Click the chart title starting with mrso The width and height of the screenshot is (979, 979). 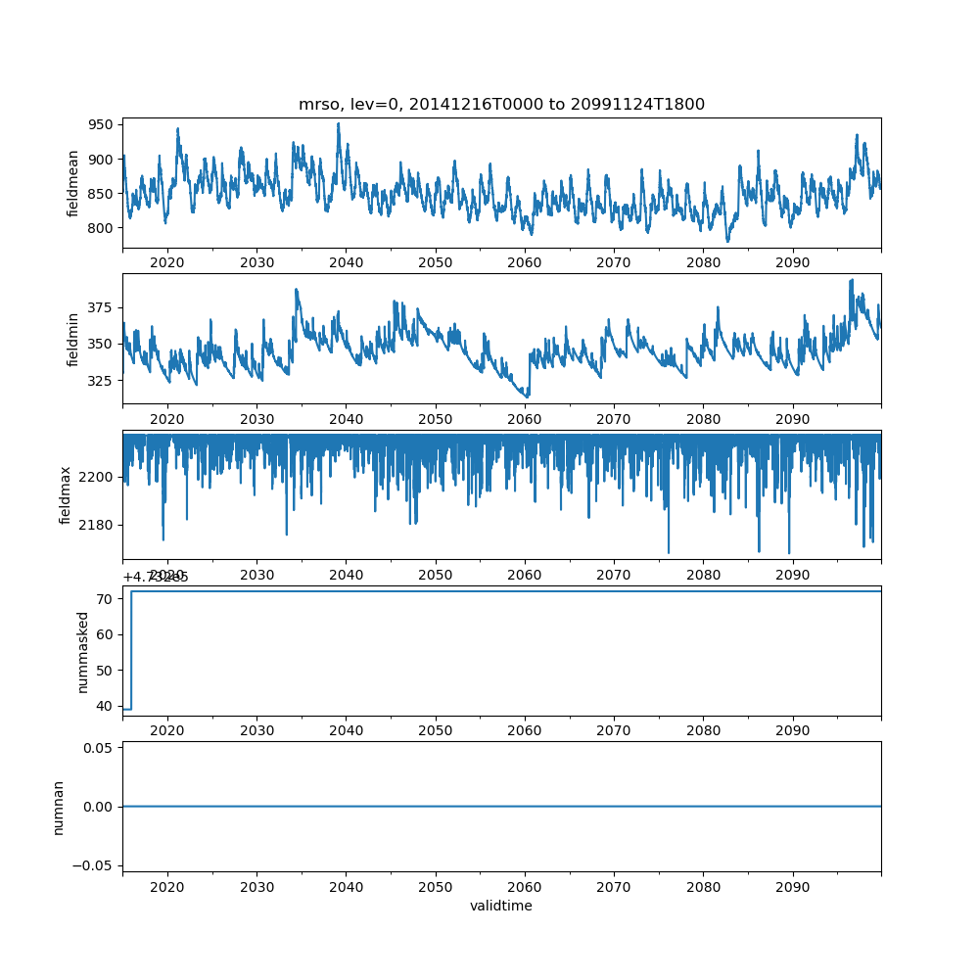[501, 105]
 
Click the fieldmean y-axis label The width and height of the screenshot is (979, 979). [73, 183]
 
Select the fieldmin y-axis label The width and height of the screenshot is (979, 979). [73, 340]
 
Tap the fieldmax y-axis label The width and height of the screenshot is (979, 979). [66, 495]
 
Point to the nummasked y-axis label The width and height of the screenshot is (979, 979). [83, 651]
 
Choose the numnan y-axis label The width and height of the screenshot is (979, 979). [59, 807]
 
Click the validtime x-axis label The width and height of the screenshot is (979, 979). [501, 906]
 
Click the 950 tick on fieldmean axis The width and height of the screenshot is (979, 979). [102, 125]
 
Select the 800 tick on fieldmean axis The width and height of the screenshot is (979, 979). [102, 228]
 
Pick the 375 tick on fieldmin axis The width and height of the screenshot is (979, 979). [102, 308]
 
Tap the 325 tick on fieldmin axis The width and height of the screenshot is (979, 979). [102, 381]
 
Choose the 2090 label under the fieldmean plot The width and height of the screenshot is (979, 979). [792, 262]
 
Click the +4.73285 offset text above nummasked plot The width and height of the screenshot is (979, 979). [156, 577]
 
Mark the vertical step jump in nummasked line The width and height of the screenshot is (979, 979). [131, 650]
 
